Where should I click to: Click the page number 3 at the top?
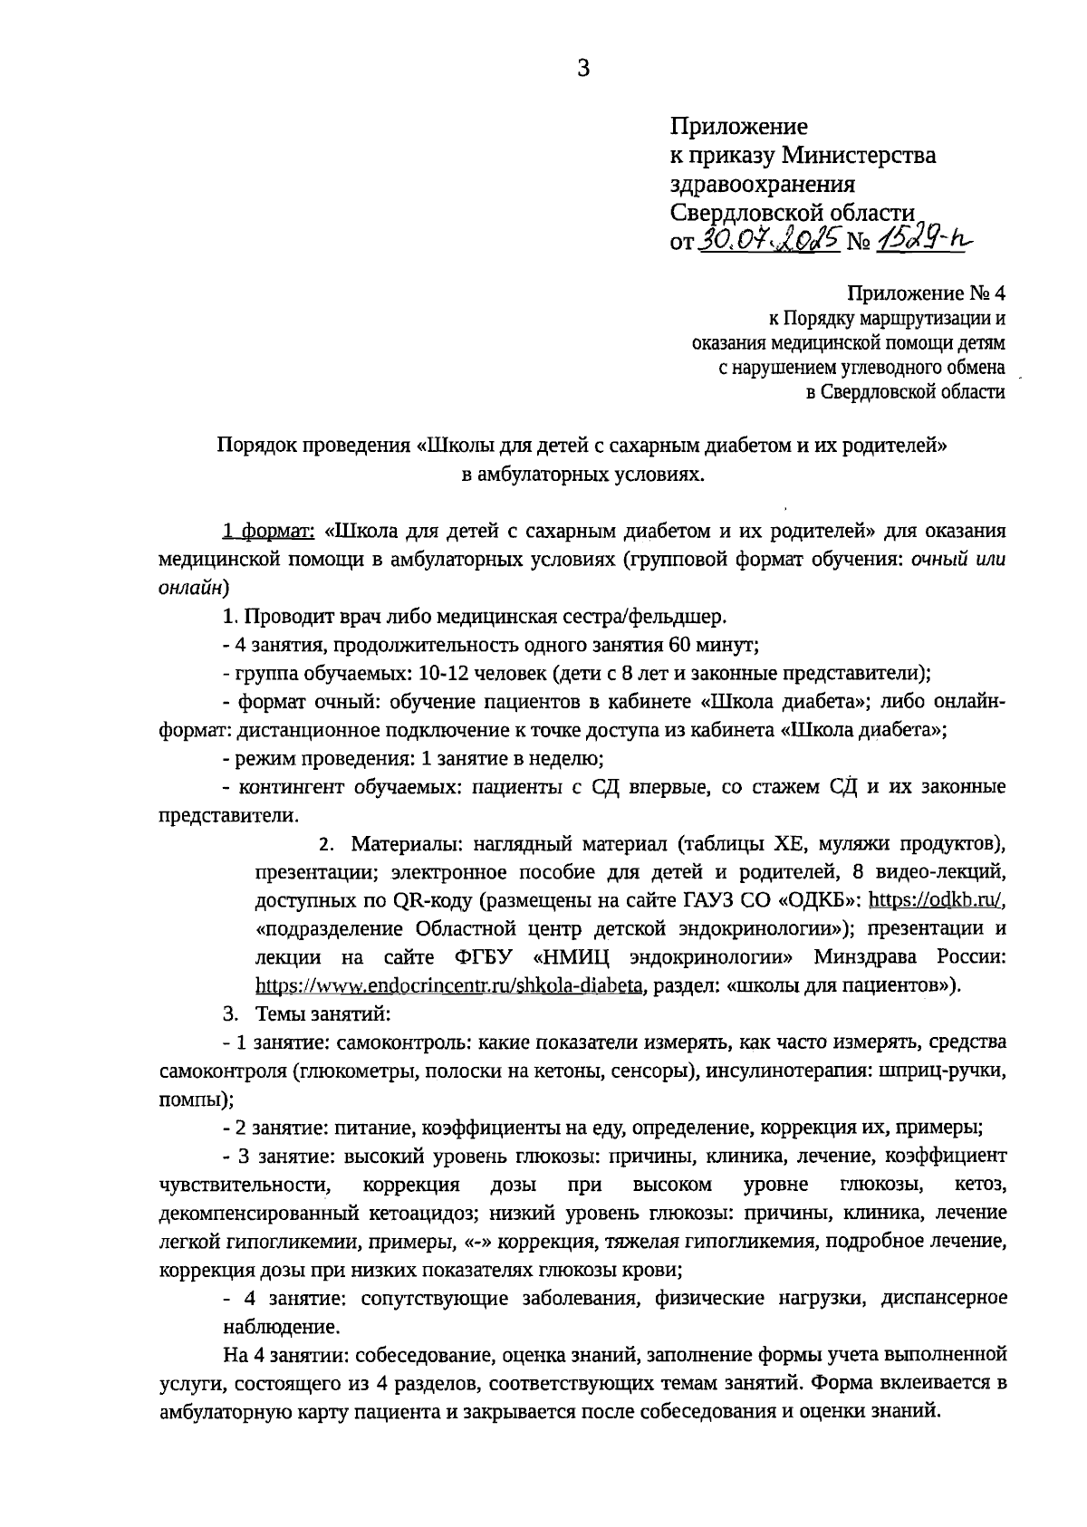(582, 68)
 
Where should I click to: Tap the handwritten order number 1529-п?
(925, 238)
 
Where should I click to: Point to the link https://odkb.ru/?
(937, 900)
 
